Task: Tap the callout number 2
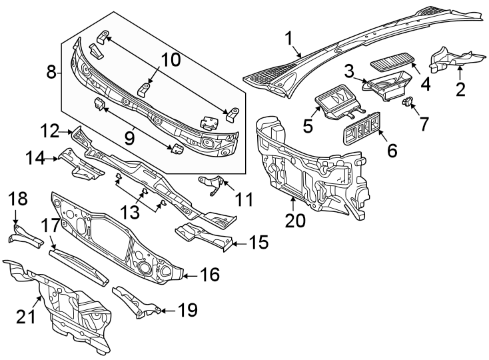coord(458,88)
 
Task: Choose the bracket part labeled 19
coord(137,302)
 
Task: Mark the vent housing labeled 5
coord(335,103)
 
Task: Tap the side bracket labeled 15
coord(203,237)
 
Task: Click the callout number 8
coord(52,72)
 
